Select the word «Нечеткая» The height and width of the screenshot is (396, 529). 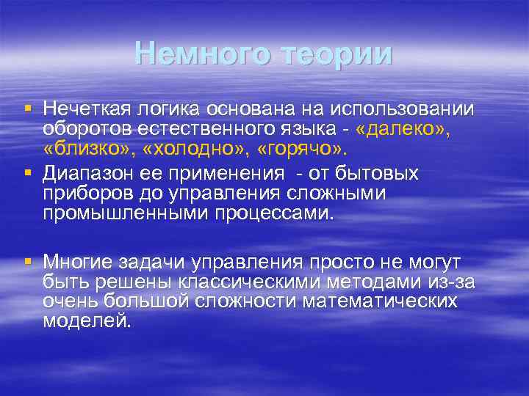(87, 109)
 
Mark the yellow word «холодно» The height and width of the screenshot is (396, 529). (189, 150)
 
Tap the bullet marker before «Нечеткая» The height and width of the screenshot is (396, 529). (28, 109)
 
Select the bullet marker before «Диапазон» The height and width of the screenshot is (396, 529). (28, 174)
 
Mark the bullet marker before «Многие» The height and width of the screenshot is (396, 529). (28, 260)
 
